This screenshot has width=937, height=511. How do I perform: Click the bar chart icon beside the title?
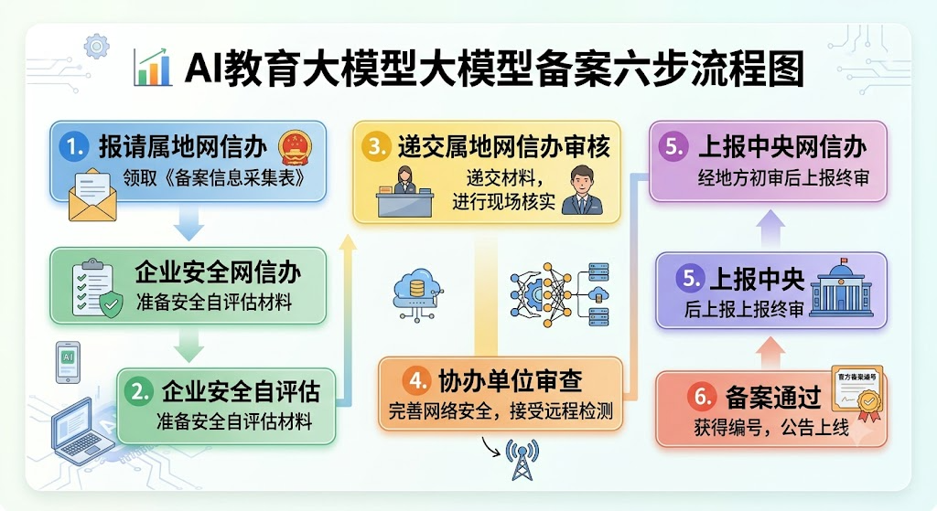[153, 68]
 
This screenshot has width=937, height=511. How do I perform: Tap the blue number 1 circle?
[74, 147]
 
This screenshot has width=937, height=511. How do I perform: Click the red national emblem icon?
[296, 147]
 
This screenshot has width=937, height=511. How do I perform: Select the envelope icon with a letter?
[92, 195]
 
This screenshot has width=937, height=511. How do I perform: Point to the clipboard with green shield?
[96, 288]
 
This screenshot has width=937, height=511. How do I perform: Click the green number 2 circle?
[139, 391]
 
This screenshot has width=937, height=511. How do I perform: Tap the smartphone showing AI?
[68, 362]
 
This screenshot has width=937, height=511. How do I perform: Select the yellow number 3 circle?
[376, 146]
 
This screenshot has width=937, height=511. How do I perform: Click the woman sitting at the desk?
[404, 190]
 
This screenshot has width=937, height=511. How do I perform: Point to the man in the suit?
[582, 190]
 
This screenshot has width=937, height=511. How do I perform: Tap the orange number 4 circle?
[417, 380]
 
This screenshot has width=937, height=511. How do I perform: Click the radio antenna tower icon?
[522, 460]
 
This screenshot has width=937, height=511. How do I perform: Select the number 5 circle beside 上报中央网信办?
[673, 147]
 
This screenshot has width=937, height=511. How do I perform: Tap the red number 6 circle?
[701, 397]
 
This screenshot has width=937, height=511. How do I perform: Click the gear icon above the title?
[96, 46]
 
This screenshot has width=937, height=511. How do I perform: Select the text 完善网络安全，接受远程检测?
[501, 411]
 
